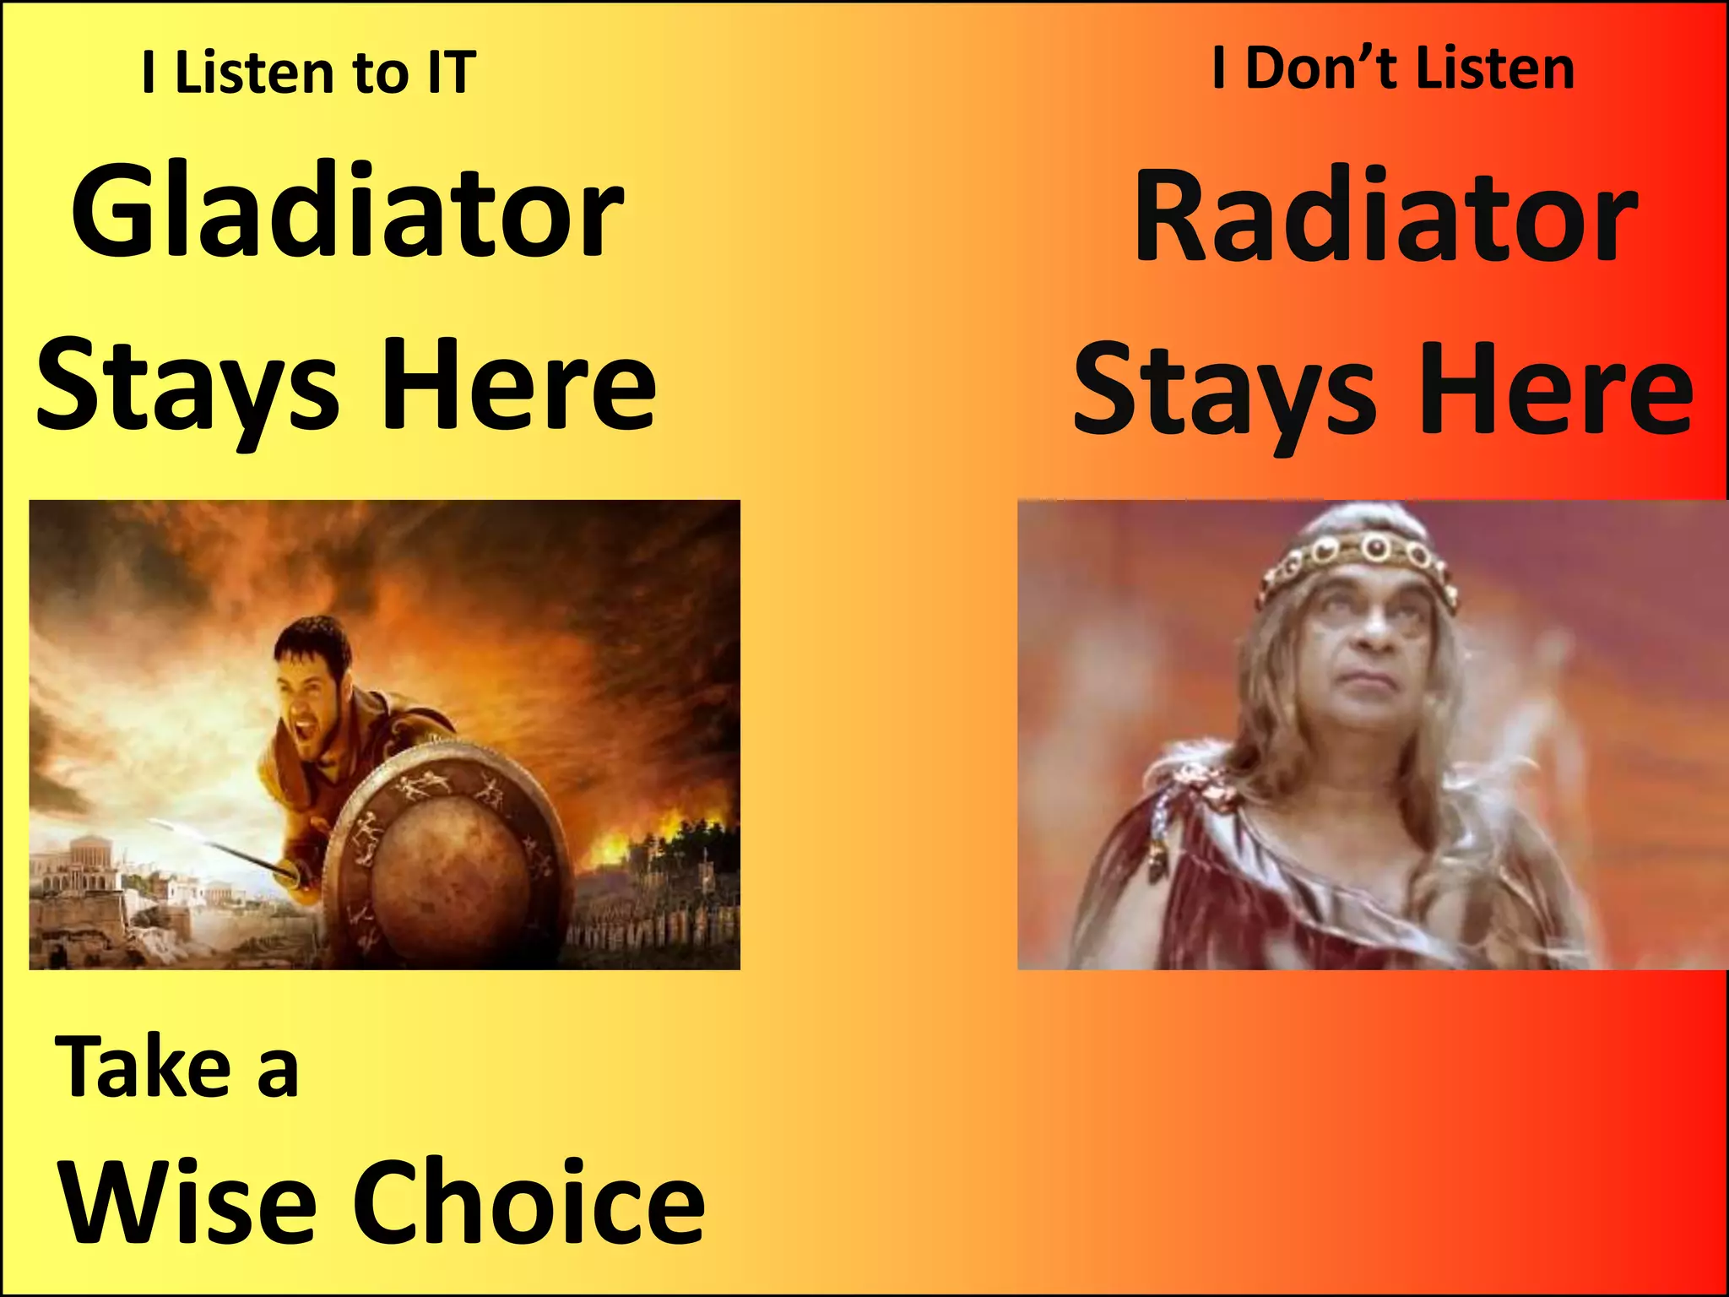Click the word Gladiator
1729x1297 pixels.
347,211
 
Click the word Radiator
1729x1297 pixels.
1385,217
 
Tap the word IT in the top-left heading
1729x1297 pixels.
452,73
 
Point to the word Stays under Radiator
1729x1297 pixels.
1224,390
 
